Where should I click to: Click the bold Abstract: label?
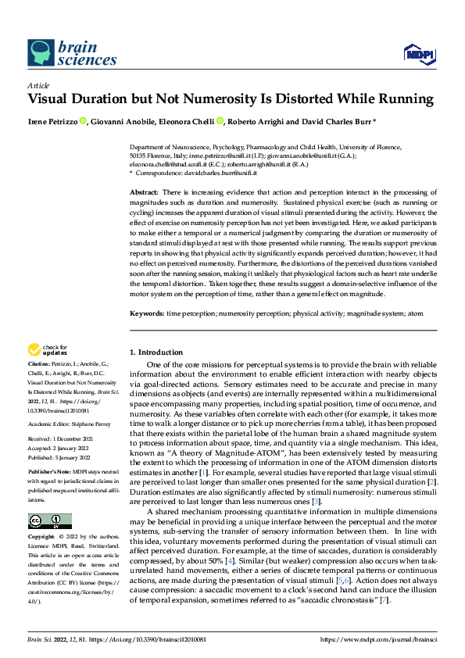144,191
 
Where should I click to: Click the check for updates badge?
48,349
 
